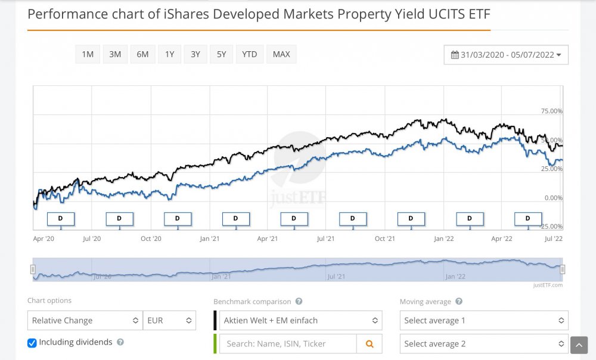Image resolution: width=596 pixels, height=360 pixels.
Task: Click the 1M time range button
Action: (88, 54)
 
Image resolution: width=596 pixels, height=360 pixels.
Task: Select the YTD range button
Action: (250, 54)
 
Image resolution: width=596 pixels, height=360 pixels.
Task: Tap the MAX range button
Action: (281, 54)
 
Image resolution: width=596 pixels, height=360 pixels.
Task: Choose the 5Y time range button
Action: (221, 54)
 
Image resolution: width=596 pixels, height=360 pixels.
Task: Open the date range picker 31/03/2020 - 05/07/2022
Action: (506, 55)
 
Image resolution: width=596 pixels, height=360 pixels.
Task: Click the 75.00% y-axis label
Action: (551, 111)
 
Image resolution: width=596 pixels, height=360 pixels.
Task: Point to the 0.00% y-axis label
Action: (553, 198)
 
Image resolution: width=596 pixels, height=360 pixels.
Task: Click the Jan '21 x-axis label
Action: (209, 239)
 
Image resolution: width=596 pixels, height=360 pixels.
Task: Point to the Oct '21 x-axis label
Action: (385, 239)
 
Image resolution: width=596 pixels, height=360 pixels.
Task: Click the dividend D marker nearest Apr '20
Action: (60, 219)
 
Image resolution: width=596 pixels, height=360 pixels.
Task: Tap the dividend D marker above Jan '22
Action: (470, 219)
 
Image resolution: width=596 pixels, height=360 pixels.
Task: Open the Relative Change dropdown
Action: (85, 321)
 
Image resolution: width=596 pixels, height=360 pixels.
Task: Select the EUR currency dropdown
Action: (170, 321)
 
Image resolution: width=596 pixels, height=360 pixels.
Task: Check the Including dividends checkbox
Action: (32, 343)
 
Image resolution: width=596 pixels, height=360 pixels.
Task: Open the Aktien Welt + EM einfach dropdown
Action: (300, 321)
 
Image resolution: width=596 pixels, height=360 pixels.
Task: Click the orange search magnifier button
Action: (370, 344)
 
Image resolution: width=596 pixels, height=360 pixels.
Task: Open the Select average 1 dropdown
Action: (483, 321)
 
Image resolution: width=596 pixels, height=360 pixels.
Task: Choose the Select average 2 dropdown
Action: (483, 344)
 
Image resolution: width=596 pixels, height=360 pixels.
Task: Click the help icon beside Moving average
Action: (459, 302)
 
